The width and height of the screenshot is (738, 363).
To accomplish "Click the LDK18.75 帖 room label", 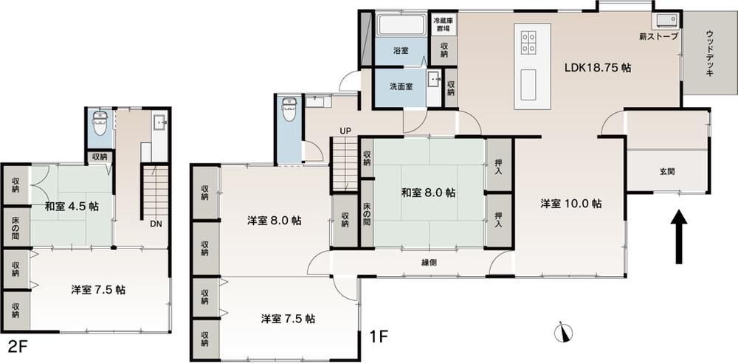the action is [x=598, y=67].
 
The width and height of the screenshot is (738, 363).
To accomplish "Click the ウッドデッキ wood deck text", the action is [x=710, y=52].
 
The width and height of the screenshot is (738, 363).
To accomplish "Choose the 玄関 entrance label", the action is [x=666, y=172].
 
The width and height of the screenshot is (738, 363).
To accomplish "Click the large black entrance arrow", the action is [x=679, y=237].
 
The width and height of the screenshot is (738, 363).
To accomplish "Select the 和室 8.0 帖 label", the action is [x=428, y=193].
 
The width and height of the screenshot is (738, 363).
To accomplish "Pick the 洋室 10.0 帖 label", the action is [x=571, y=204].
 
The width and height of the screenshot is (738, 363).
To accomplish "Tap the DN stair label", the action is [x=156, y=224].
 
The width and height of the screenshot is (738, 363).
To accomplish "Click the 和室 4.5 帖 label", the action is [x=72, y=207].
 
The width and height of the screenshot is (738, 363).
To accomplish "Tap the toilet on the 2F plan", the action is [x=100, y=123].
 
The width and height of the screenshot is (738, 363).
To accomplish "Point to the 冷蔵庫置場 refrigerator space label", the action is [x=444, y=25].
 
